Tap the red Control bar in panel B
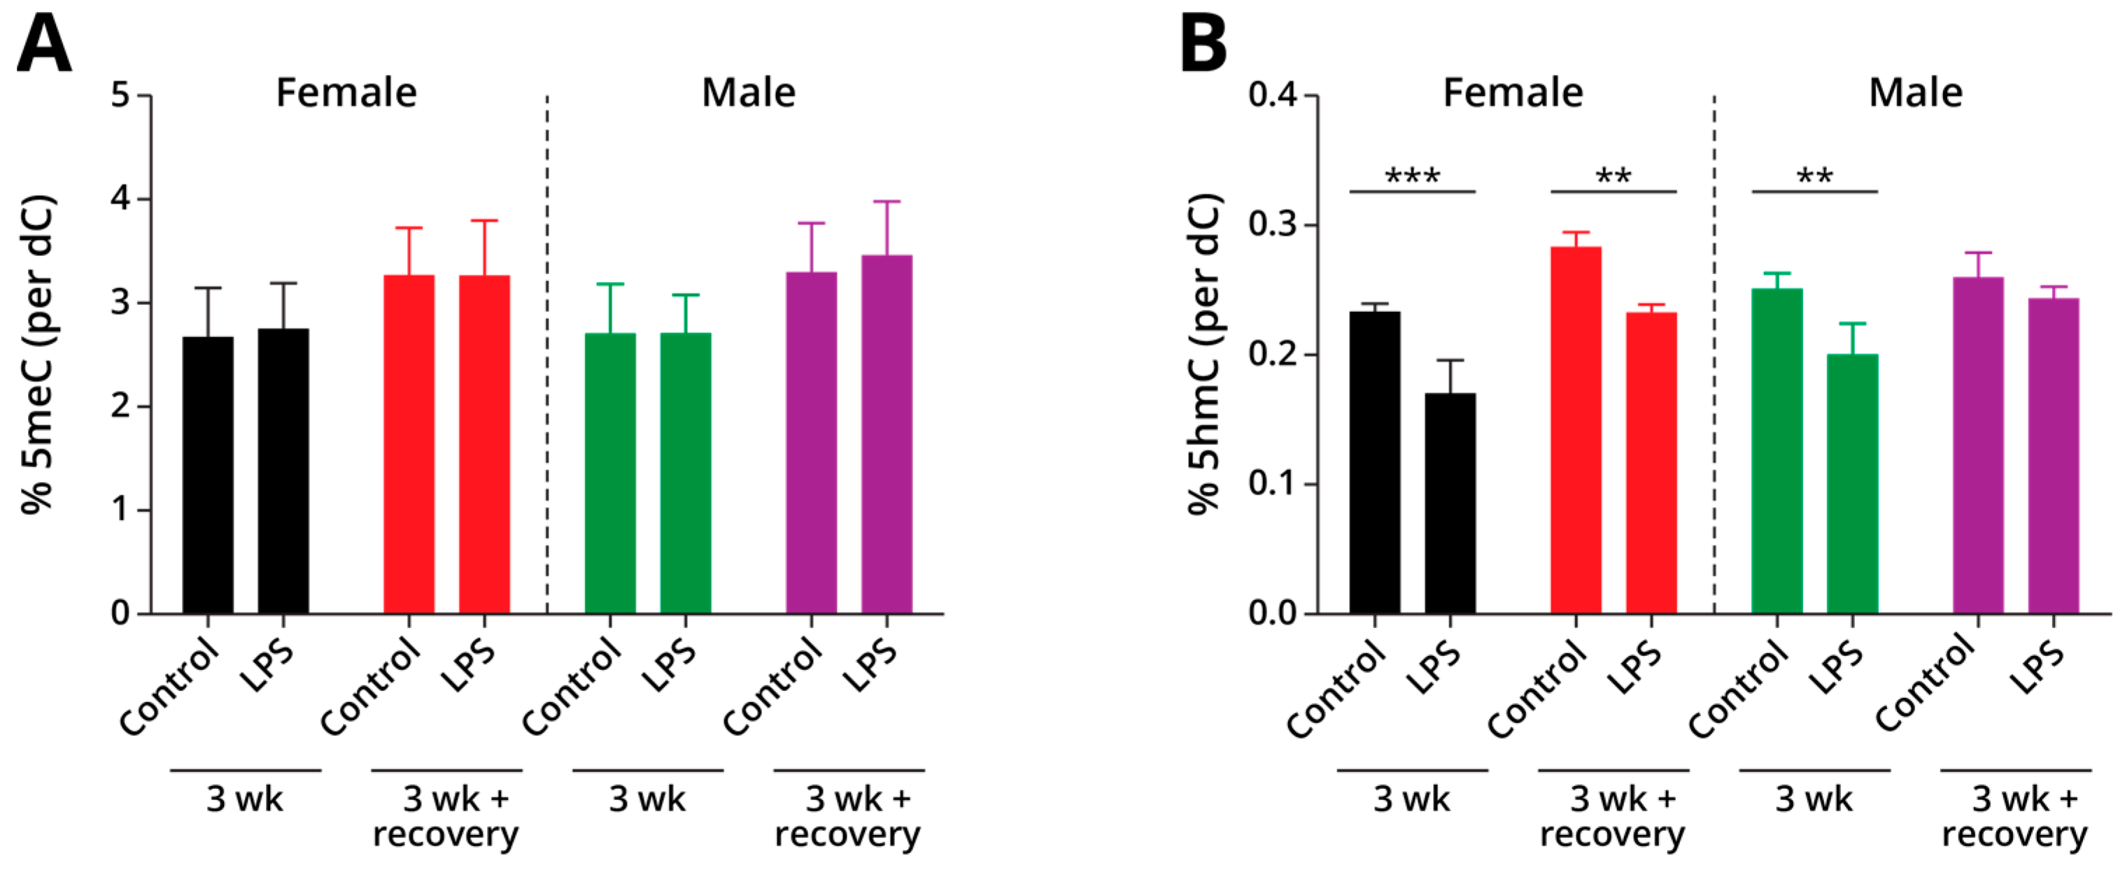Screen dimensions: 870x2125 pyautogui.click(x=1576, y=429)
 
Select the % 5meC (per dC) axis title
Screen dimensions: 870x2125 pyautogui.click(x=38, y=355)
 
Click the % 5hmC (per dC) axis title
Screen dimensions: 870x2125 pyautogui.click(x=1203, y=355)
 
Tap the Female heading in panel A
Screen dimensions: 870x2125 pyautogui.click(x=346, y=92)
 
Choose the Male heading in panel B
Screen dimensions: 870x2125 pyautogui.click(x=1916, y=92)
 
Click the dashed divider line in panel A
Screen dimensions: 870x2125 pyautogui.click(x=547, y=355)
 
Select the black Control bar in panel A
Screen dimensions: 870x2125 pyautogui.click(x=208, y=475)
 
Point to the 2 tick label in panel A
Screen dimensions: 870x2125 pyautogui.click(x=121, y=406)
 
